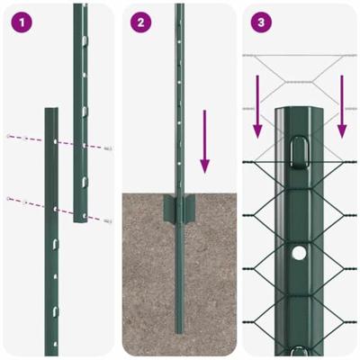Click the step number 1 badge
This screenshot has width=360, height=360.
pos(20,22)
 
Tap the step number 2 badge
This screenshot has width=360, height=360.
pos(139,22)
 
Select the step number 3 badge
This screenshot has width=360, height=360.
pos(259,22)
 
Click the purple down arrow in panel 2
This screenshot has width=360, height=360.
pos(205,139)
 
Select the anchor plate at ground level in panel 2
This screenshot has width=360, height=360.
pos(179,212)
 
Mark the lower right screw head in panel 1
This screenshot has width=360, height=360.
pos(109,220)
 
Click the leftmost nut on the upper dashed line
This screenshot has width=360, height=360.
pos(9,136)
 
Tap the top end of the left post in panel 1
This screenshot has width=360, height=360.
pos(52,112)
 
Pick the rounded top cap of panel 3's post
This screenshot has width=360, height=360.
pos(297,112)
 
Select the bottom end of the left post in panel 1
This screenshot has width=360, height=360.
pos(52,346)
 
